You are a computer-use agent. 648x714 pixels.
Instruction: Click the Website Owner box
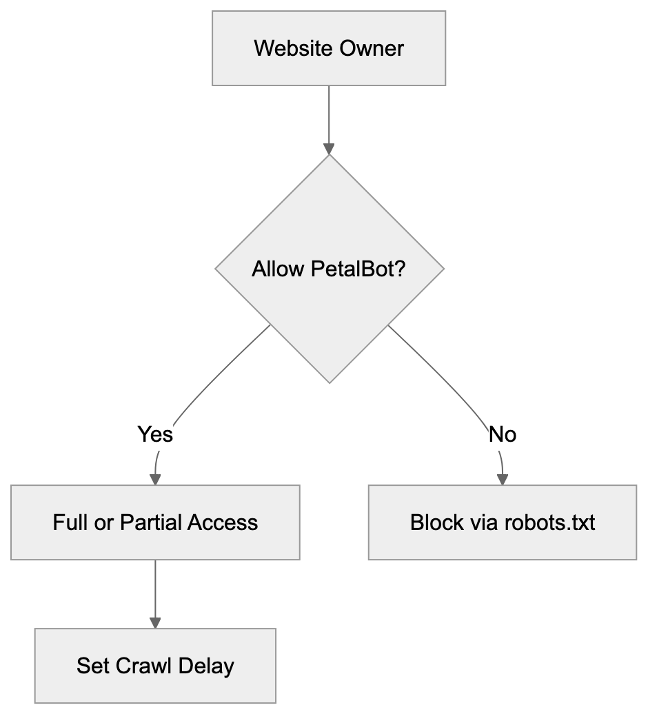point(329,48)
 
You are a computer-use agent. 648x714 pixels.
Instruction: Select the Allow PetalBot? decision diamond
point(329,268)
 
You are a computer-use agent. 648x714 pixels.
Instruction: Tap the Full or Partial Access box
point(155,522)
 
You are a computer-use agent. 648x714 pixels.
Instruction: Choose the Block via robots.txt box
point(502,522)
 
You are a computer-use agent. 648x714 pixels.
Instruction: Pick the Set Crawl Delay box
point(155,666)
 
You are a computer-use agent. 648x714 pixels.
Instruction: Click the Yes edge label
point(155,435)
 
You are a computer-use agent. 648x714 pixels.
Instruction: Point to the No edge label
point(502,435)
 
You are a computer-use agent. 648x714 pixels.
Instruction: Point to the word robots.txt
point(549,522)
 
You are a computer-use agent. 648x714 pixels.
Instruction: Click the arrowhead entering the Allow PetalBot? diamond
point(329,148)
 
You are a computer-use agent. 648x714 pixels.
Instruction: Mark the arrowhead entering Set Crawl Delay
point(155,622)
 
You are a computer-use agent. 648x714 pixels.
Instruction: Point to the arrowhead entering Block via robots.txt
point(502,479)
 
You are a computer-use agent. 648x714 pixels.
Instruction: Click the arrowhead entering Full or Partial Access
point(155,479)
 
